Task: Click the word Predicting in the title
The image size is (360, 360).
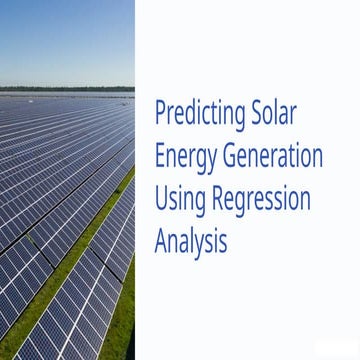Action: point(198,113)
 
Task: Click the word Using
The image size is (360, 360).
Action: point(180,199)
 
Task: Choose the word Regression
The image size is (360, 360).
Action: point(262,199)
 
